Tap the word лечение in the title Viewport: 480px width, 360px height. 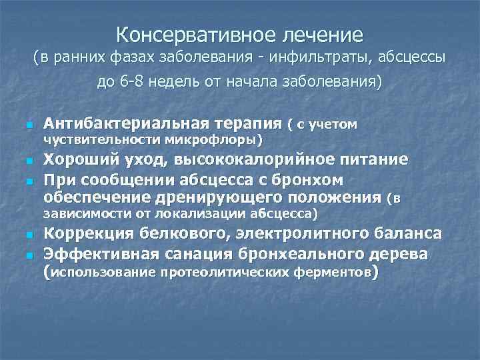[x=319, y=33]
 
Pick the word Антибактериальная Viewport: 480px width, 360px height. [x=117, y=123]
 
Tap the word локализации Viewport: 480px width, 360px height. [x=209, y=214]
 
